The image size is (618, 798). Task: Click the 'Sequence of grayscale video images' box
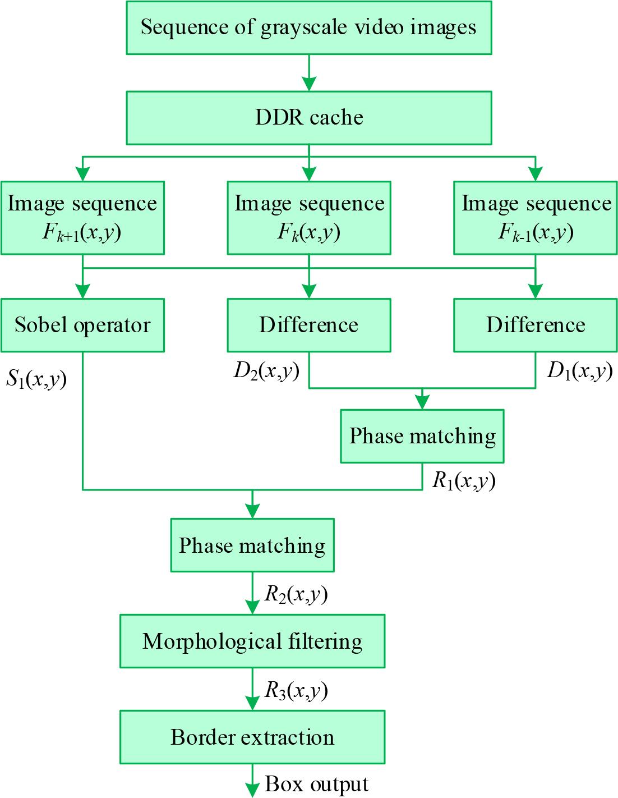click(309, 27)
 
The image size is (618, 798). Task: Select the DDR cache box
click(309, 118)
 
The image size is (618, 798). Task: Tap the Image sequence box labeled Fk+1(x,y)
click(82, 218)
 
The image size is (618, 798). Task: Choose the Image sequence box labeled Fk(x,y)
click(309, 218)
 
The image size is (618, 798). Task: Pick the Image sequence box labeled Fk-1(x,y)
click(536, 218)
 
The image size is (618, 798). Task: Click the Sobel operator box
click(82, 325)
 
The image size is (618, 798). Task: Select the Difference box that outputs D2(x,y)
click(309, 325)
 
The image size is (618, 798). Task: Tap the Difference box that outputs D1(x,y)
click(536, 325)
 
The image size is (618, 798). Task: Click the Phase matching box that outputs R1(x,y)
click(422, 436)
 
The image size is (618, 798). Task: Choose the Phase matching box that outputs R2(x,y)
click(252, 545)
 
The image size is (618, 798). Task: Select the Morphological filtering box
click(252, 641)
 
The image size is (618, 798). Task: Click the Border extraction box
click(252, 737)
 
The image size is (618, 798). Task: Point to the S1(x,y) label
click(36, 380)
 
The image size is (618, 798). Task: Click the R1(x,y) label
click(464, 481)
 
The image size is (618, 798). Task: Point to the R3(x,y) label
click(296, 691)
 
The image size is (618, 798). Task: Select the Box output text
click(317, 784)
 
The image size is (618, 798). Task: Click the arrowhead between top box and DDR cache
click(309, 84)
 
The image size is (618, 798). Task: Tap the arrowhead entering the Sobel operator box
click(82, 291)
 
